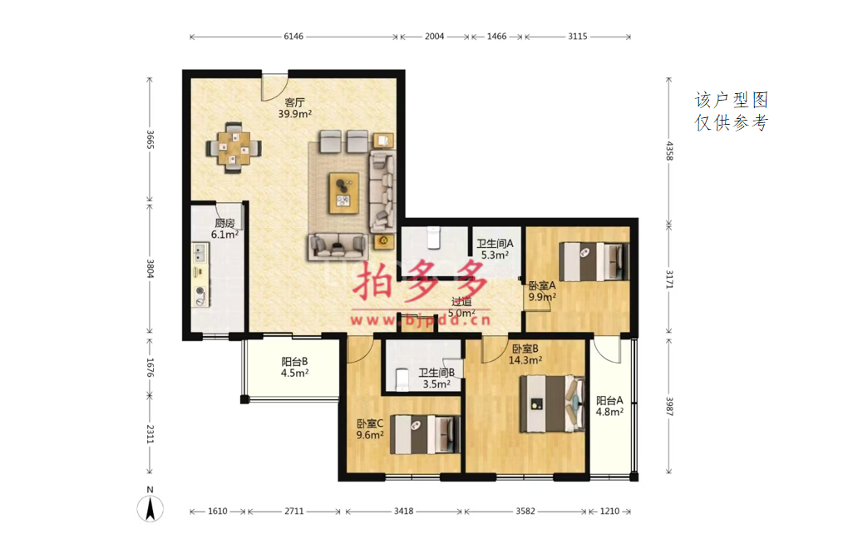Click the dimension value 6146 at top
click(x=293, y=37)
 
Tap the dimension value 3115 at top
click(x=578, y=37)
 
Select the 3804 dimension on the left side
click(x=150, y=269)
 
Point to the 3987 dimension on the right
click(x=669, y=406)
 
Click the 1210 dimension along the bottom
click(x=610, y=511)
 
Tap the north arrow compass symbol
click(x=150, y=506)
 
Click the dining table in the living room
click(x=234, y=148)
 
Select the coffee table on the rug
click(x=344, y=193)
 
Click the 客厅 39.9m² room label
click(x=295, y=108)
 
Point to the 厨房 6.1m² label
click(x=224, y=229)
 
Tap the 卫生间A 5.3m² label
click(x=495, y=249)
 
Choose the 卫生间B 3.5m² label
click(x=436, y=378)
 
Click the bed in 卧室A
click(x=594, y=261)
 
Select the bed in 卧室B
click(x=553, y=403)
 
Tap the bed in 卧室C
click(x=426, y=434)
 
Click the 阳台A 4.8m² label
click(x=609, y=406)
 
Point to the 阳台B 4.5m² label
click(x=295, y=368)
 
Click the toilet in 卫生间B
click(x=402, y=379)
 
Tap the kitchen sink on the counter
click(x=200, y=253)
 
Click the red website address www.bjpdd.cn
click(x=421, y=320)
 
